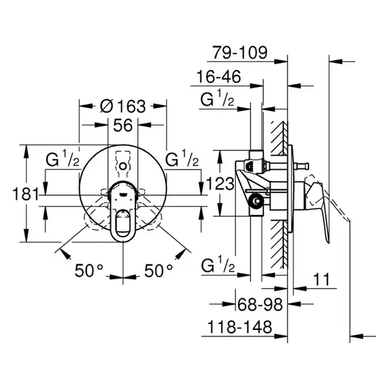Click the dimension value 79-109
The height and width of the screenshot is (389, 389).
tap(240, 53)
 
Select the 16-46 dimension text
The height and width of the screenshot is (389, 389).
tap(218, 77)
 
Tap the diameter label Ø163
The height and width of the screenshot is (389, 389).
tap(123, 106)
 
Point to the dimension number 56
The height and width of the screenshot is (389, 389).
tap(123, 125)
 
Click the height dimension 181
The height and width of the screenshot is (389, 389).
tap(26, 194)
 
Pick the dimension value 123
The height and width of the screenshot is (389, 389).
tap(220, 184)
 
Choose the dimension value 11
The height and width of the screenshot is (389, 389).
tap(322, 279)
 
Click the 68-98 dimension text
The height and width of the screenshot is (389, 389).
tap(260, 305)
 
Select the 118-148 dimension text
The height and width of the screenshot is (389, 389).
tap(240, 327)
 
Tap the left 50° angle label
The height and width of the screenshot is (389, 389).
tap(89, 270)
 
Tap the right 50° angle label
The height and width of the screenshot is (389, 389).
tap(159, 270)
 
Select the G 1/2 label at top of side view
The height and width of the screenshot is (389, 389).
tap(217, 98)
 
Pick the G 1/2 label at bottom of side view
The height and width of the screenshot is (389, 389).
tap(218, 265)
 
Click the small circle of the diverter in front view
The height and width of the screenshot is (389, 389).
tap(123, 166)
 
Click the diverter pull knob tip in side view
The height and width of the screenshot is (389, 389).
tap(307, 166)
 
